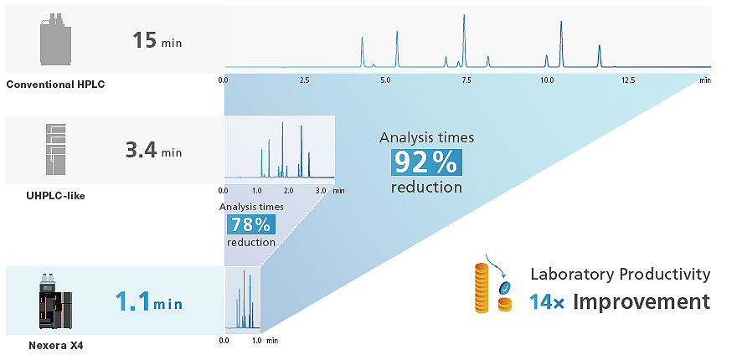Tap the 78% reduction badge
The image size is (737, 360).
(250, 224)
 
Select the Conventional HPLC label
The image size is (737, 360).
(55, 85)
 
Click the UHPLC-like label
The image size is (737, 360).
(55, 196)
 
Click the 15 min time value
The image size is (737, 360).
(157, 40)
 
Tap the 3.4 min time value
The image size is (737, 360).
(153, 152)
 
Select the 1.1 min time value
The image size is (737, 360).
(149, 301)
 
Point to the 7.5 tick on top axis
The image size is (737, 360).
(466, 81)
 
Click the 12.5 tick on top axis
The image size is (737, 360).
(628, 81)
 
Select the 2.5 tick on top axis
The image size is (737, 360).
(304, 81)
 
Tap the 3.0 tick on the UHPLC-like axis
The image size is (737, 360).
(321, 192)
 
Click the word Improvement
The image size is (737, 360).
(642, 301)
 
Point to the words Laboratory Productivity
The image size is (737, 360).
(620, 275)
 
